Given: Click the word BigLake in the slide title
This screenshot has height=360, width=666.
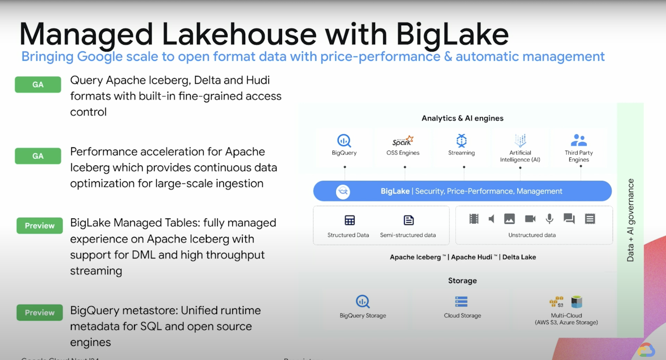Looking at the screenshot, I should click(452, 34).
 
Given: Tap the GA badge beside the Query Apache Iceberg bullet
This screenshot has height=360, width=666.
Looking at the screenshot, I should click(38, 85).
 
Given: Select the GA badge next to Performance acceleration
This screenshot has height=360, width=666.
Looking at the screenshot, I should click(38, 156).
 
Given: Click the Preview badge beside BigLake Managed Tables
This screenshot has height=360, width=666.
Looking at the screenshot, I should click(40, 226).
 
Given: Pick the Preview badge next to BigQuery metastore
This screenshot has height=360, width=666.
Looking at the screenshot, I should click(40, 313).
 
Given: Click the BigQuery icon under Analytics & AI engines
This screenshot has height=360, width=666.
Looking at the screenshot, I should click(344, 141).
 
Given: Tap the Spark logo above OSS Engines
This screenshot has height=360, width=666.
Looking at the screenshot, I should click(403, 141).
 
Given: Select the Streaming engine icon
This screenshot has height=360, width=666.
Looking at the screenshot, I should click(461, 140).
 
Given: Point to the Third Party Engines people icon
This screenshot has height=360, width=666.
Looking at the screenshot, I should click(579, 140).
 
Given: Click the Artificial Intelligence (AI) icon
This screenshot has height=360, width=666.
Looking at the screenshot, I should click(520, 140).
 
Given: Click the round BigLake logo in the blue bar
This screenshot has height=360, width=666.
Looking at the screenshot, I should click(343, 191).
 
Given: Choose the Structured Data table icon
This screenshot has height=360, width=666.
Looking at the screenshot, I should click(350, 220).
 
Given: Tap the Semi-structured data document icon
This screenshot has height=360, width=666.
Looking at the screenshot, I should click(408, 220).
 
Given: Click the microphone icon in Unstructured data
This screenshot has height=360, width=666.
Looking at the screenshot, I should click(549, 219).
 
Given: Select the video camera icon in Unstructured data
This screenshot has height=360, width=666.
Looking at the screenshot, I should click(530, 219).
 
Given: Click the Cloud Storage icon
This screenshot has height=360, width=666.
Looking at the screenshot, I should click(461, 302).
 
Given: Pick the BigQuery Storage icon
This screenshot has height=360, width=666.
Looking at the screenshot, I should click(363, 301).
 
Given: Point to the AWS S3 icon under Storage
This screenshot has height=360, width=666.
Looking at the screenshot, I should click(556, 302).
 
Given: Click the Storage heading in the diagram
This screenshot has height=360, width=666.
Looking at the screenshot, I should click(462, 281).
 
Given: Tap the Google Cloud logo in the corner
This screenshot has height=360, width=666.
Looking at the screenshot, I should click(646, 350).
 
